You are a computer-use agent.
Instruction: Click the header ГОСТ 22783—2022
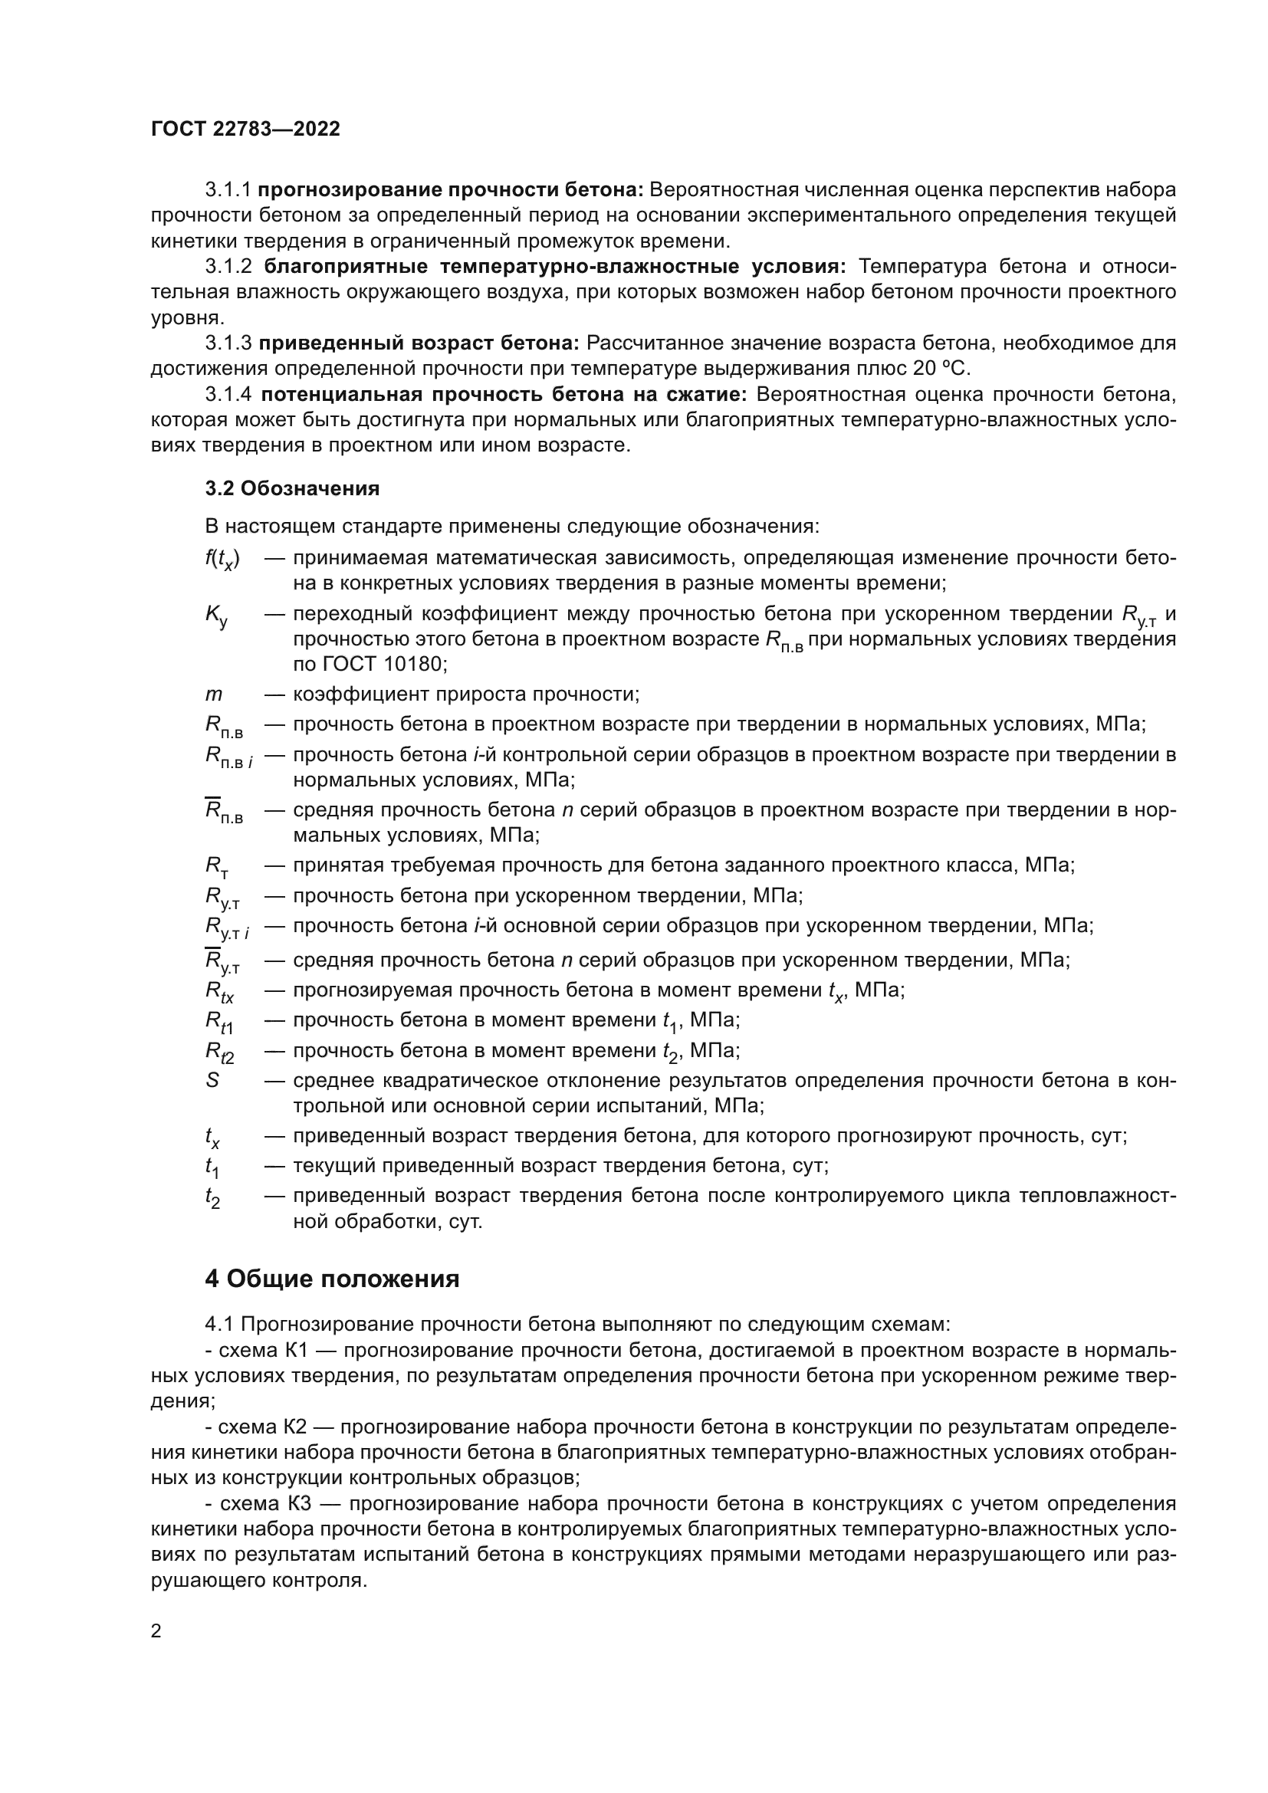(245, 130)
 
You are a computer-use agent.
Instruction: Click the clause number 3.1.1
(228, 190)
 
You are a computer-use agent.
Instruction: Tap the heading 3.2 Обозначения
(292, 489)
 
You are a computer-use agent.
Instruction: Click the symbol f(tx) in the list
(222, 559)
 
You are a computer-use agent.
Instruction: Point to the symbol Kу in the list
(216, 616)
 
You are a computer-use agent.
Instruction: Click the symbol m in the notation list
(213, 695)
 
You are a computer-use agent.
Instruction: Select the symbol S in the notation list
(212, 1081)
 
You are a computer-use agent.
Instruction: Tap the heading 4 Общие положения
(332, 1279)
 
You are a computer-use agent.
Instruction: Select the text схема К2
(260, 1427)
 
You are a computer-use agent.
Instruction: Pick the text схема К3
(264, 1503)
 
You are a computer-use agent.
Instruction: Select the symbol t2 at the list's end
(212, 1198)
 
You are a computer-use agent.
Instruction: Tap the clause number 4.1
(219, 1325)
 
